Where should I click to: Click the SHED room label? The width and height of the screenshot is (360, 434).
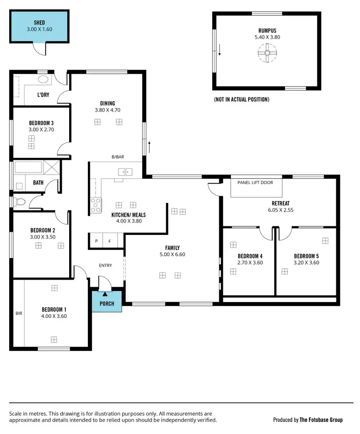pyautogui.click(x=39, y=23)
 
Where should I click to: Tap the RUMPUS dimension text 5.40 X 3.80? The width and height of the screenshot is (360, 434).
pyautogui.click(x=266, y=37)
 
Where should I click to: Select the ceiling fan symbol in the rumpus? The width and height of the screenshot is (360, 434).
pyautogui.click(x=266, y=54)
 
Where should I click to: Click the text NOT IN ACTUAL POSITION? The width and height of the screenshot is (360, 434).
pyautogui.click(x=241, y=100)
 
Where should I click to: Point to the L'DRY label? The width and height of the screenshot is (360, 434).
pyautogui.click(x=43, y=95)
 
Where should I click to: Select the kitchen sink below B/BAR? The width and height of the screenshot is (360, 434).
pyautogui.click(x=126, y=171)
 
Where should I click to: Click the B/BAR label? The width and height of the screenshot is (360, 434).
pyautogui.click(x=118, y=157)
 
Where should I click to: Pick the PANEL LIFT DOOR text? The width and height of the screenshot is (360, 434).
pyautogui.click(x=256, y=182)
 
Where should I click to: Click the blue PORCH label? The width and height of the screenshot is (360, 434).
pyautogui.click(x=107, y=304)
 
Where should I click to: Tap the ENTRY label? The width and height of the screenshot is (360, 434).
pyautogui.click(x=105, y=265)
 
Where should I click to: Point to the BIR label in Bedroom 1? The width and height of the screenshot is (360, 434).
pyautogui.click(x=19, y=313)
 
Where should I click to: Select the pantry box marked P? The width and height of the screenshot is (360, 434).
pyautogui.click(x=96, y=241)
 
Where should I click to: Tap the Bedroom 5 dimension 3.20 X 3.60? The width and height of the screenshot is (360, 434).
pyautogui.click(x=306, y=263)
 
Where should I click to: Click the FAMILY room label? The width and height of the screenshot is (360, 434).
pyautogui.click(x=172, y=248)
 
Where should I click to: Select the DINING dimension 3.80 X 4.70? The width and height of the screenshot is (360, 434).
pyautogui.click(x=107, y=110)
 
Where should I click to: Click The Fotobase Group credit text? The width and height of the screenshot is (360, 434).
pyautogui.click(x=321, y=420)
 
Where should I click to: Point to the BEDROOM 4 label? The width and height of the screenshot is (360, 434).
pyautogui.click(x=250, y=256)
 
